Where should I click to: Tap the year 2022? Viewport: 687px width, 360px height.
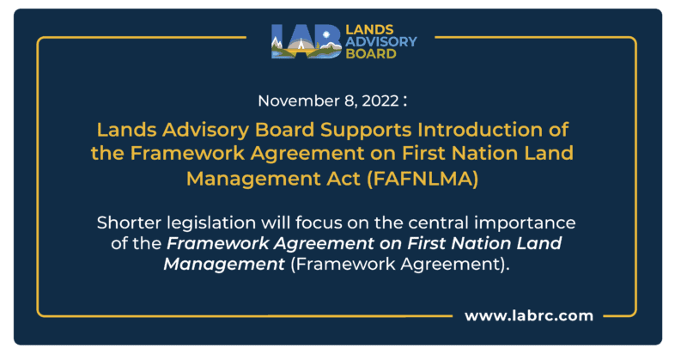[x=377, y=101]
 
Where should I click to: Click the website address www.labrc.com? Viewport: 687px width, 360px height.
[x=529, y=315]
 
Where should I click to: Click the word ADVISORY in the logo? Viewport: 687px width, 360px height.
[x=381, y=40]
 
